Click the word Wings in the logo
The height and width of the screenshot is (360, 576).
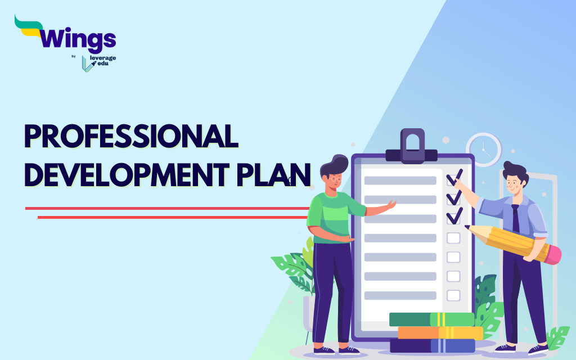78,38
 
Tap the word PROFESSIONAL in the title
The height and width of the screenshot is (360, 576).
131,136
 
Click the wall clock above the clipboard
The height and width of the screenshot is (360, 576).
484,150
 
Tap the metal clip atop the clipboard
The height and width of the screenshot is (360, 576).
412,146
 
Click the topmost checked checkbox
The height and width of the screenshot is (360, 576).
454,178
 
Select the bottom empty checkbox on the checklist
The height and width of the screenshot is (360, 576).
453,295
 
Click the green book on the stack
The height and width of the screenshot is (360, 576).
431,319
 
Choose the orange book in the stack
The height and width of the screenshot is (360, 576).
440,333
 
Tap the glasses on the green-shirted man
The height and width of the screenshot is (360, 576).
335,179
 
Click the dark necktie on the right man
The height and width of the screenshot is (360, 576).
516,218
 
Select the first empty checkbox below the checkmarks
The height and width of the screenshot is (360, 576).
453,238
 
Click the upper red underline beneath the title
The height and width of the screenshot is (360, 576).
167,208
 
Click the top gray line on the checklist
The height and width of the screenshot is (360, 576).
400,181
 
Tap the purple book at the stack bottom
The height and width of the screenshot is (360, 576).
433,346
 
